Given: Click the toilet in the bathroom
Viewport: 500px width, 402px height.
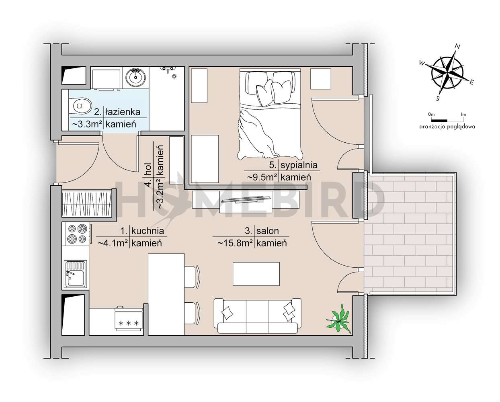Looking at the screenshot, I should (80, 106).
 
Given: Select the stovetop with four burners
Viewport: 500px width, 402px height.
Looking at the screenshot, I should (76, 234).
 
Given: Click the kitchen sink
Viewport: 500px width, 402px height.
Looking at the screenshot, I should (76, 275).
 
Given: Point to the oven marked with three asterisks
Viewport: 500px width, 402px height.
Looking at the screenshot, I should (129, 320).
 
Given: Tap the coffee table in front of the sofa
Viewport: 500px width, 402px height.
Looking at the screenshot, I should (256, 274).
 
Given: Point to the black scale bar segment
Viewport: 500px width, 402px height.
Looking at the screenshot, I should (439, 120).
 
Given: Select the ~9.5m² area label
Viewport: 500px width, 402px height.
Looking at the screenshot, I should (261, 176).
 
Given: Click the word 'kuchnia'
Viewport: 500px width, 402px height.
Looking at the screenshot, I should (148, 231).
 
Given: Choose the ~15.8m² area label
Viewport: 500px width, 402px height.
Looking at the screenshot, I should (235, 243).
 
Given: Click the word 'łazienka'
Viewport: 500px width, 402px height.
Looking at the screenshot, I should (123, 112).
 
